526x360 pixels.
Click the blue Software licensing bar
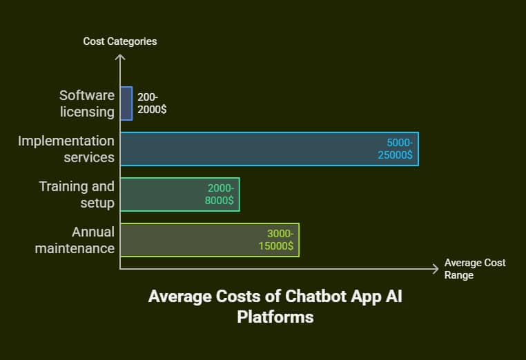coord(126,103)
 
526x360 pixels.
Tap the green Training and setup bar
coord(166,194)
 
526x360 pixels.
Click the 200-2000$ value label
coord(152,103)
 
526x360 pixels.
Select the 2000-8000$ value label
coord(220,194)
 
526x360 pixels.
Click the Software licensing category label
coord(86,103)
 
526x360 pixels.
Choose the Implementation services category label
coord(66,149)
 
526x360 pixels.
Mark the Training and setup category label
coord(77,194)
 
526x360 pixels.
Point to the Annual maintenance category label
coord(75,240)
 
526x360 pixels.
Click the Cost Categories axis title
coord(120,41)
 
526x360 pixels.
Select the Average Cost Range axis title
coord(475,269)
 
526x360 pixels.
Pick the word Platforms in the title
coord(275,317)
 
